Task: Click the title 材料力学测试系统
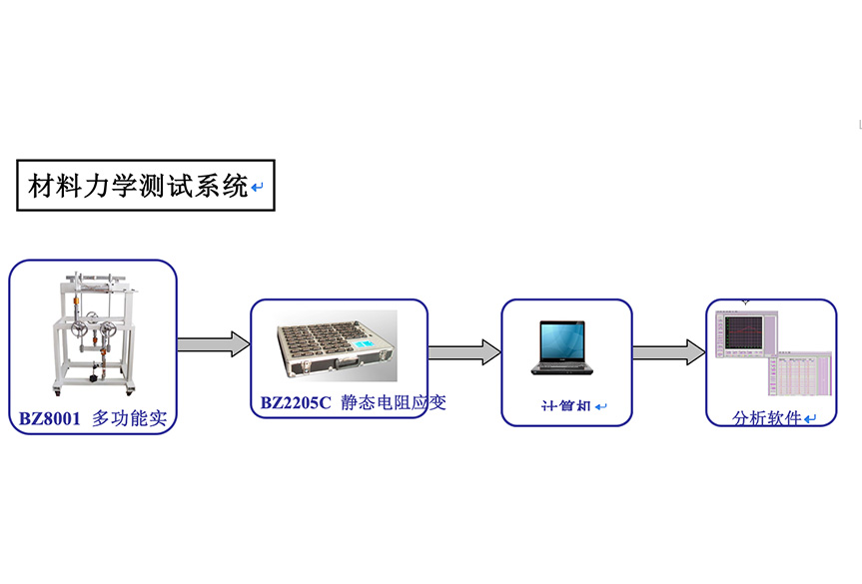(138, 186)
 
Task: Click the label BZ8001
(49, 419)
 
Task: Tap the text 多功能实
(129, 419)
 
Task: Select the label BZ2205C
(294, 403)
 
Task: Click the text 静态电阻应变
(393, 403)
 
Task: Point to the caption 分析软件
(766, 419)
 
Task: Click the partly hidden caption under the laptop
(566, 407)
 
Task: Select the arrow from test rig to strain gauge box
(213, 344)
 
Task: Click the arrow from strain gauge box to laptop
(464, 351)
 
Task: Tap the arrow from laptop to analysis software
(668, 351)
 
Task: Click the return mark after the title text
(258, 188)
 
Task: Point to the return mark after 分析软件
(810, 420)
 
